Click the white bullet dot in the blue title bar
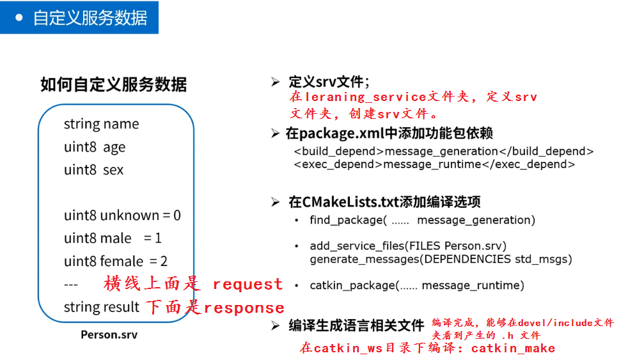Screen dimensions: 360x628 [x=19, y=17]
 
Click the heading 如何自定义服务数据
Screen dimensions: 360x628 [x=114, y=84]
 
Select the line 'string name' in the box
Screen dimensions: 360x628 [x=101, y=124]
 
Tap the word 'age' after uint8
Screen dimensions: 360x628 [x=114, y=148]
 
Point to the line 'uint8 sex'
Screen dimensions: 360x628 [x=93, y=170]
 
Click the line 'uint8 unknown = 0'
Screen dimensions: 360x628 [x=122, y=215]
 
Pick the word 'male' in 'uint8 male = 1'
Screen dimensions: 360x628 [x=116, y=239]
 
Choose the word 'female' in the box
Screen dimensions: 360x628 [x=122, y=262]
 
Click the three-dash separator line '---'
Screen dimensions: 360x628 [x=71, y=285]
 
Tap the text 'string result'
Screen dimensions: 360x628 [x=101, y=308]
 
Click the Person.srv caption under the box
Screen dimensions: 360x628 [x=109, y=334]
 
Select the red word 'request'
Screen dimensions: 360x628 [x=247, y=285]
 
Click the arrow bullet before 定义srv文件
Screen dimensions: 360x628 [x=275, y=82]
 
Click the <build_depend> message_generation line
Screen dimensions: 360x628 [x=444, y=152]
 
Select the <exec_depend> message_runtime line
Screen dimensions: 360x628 [x=434, y=164]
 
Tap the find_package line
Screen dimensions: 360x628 [x=422, y=220]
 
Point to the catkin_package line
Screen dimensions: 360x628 [x=416, y=285]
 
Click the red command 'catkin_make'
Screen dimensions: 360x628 [x=513, y=348]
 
